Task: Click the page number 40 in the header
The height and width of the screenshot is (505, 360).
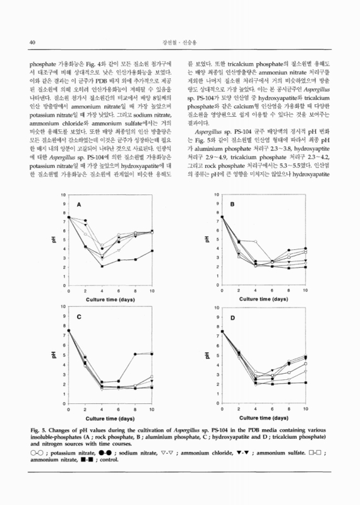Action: [31, 42]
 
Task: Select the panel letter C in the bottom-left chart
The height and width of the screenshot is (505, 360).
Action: [80, 317]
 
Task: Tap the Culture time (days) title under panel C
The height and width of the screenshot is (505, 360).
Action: [111, 419]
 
